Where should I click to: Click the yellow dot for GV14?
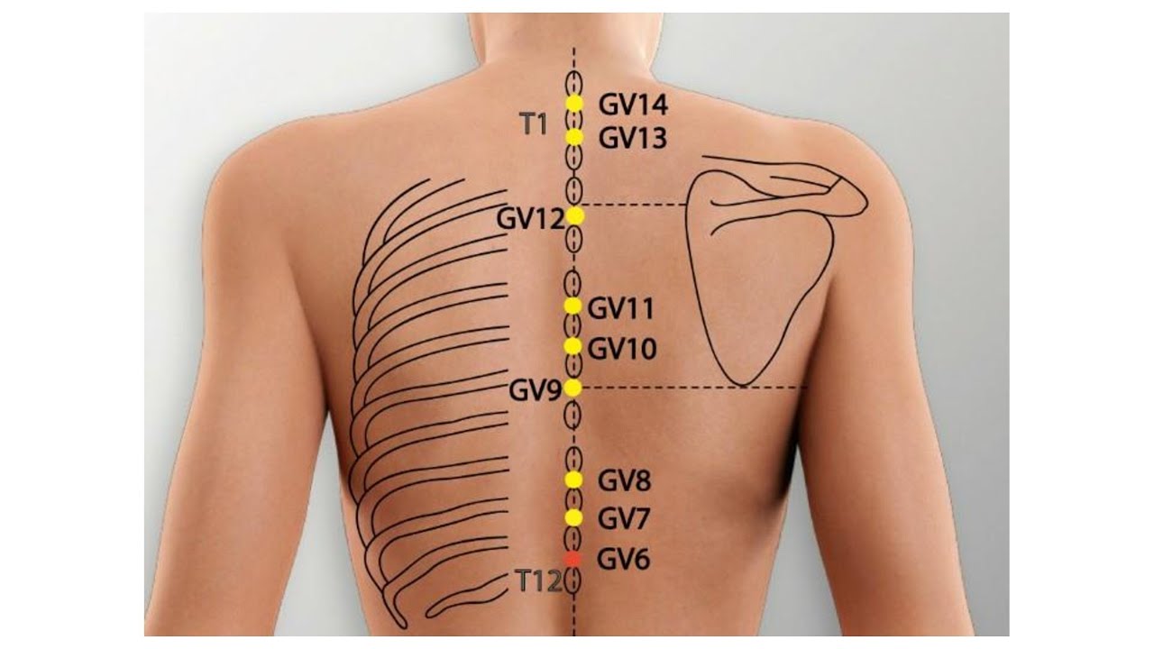point(574,104)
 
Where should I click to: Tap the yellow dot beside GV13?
point(574,137)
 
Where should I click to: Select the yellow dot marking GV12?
point(575,216)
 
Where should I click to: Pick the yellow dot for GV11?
point(572,306)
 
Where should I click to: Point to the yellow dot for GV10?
point(572,346)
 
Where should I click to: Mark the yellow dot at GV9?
point(572,388)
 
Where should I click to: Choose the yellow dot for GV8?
point(573,480)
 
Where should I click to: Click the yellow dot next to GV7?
point(573,517)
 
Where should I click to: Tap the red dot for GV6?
point(572,559)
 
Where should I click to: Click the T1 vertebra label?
point(533,124)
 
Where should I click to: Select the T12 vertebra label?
point(537,581)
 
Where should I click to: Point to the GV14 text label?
point(633,105)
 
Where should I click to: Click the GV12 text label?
point(531,219)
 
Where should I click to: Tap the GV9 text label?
point(535,391)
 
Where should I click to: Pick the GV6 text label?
point(623,560)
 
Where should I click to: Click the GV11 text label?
point(621,309)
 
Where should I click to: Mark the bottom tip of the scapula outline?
point(742,385)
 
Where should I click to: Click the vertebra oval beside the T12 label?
point(572,582)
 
